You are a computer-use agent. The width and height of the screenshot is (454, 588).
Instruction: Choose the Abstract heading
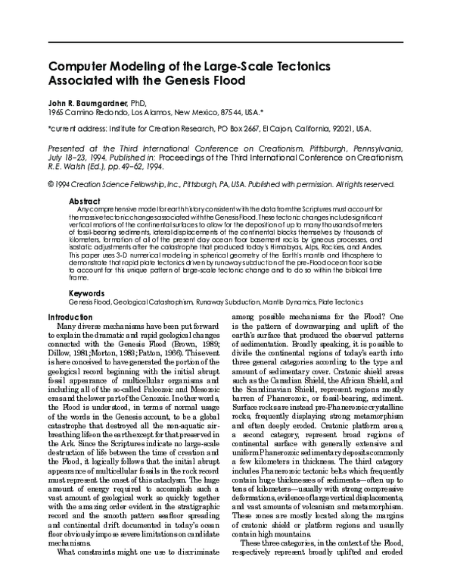tap(83, 202)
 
